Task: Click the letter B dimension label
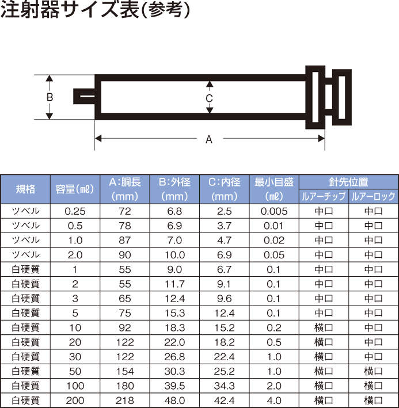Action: (50, 97)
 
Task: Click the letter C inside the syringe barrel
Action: (209, 98)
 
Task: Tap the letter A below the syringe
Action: (209, 139)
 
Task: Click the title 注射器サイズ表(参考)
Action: (95, 10)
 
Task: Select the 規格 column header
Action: (25, 189)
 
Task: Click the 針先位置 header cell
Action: (348, 182)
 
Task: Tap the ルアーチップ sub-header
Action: (324, 196)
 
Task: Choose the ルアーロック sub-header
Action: (374, 196)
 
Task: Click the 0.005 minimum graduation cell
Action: (274, 211)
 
